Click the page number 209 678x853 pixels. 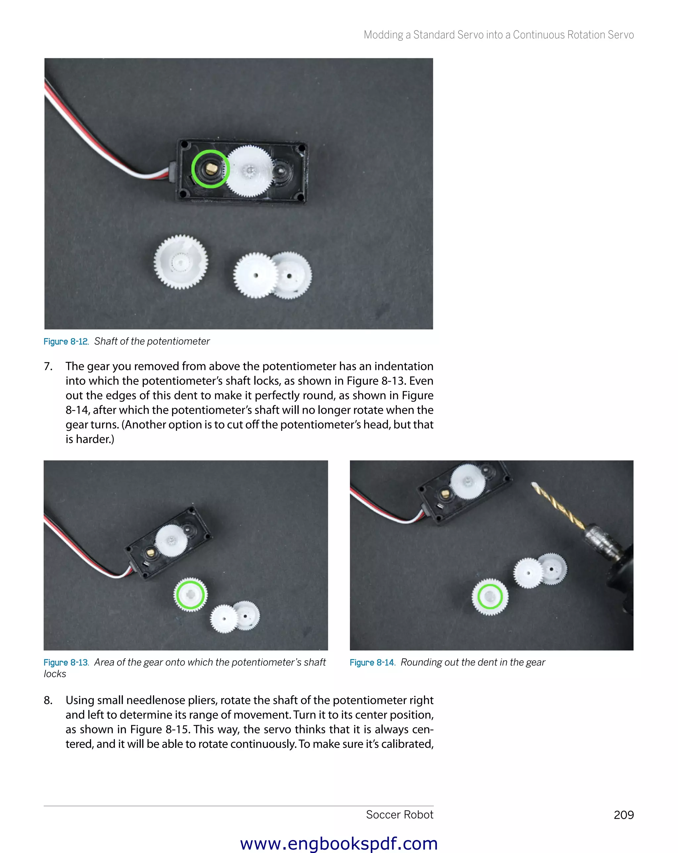pos(623,815)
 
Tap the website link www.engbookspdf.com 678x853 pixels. pos(339,843)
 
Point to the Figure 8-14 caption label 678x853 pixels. pos(372,662)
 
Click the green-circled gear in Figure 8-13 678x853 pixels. pos(190,594)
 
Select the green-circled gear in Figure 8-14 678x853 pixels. pos(490,596)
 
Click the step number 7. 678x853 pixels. pos(48,366)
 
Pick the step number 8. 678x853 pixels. pos(48,700)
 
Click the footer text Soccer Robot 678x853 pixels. pos(399,815)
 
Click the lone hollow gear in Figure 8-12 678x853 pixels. pos(181,262)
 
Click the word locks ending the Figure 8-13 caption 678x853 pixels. pos(55,674)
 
